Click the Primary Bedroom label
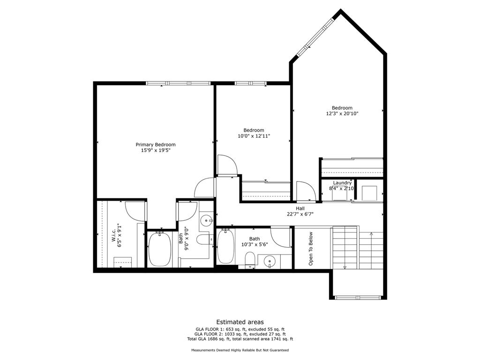click(x=156, y=144)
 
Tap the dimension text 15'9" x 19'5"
click(x=156, y=151)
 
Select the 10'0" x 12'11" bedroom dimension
click(x=254, y=136)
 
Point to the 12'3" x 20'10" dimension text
click(x=342, y=113)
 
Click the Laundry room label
click(x=342, y=183)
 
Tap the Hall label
click(x=300, y=208)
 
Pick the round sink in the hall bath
click(x=269, y=261)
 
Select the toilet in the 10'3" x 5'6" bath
click(x=250, y=259)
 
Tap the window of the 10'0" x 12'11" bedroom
click(x=250, y=83)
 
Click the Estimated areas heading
click(x=240, y=322)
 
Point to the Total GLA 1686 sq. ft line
click(x=240, y=339)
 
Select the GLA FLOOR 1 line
click(x=240, y=330)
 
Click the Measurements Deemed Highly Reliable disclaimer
click(x=240, y=350)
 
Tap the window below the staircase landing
click(x=358, y=297)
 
